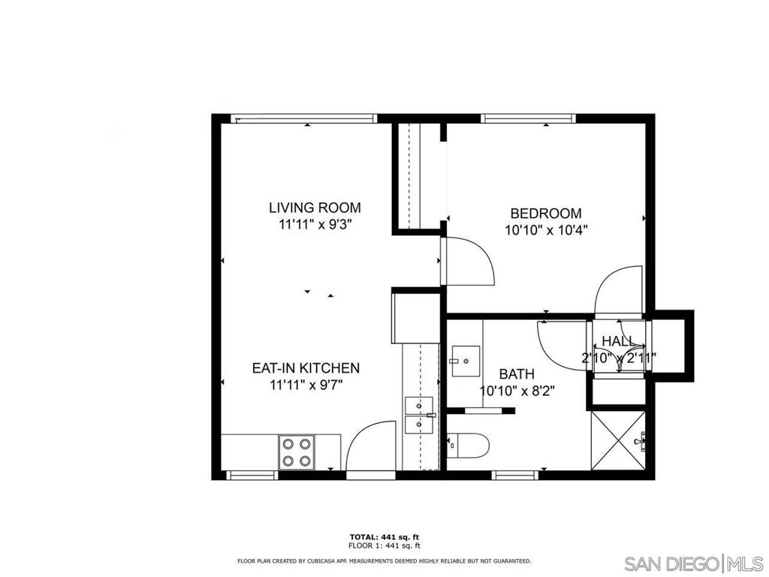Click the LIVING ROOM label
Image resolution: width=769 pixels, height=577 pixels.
tap(315, 207)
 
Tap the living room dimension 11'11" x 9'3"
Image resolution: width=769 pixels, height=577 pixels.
tap(315, 223)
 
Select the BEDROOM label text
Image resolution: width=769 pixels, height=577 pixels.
tap(545, 214)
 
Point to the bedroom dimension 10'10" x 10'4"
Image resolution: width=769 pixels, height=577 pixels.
tap(545, 230)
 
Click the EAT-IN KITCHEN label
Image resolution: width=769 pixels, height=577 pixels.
tap(306, 368)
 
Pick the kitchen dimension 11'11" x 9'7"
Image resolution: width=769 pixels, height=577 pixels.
tap(306, 385)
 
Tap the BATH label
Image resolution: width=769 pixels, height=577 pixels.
tap(517, 373)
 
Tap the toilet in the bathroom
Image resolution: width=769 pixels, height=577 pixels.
tap(469, 446)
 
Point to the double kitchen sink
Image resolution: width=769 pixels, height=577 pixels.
tap(418, 415)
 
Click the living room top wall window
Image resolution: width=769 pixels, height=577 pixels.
tap(302, 117)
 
